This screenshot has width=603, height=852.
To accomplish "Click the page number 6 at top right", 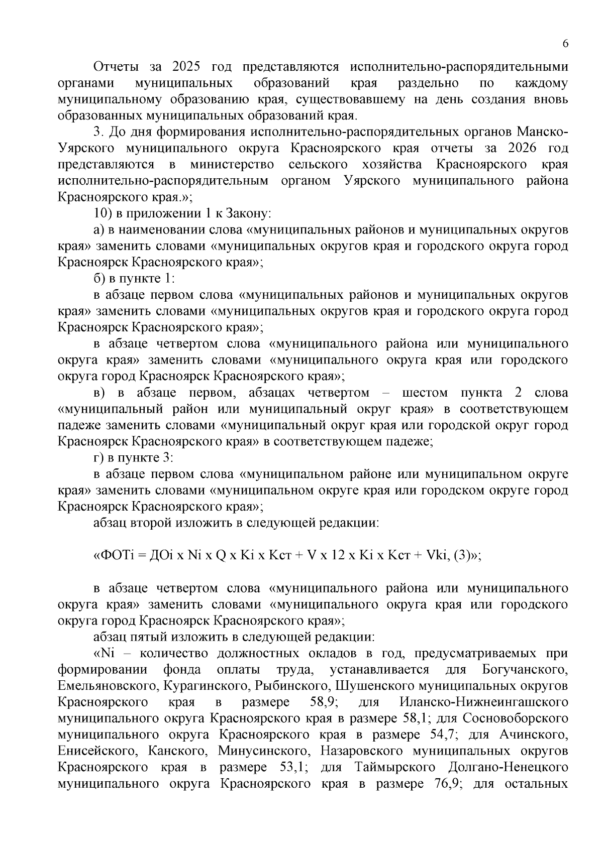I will click(x=565, y=44).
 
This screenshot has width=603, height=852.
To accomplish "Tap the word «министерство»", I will click(x=232, y=165).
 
